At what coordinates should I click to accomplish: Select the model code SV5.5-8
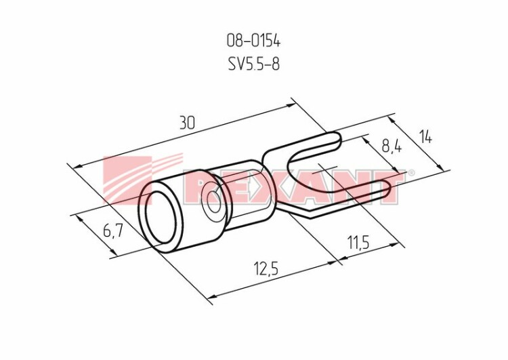pos(254,64)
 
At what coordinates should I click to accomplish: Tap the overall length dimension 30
pos(188,123)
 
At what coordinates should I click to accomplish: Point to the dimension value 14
pos(426,137)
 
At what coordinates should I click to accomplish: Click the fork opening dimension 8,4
pos(391,146)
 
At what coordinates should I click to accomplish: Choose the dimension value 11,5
pos(358,242)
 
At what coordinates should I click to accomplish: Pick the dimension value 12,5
pos(267,269)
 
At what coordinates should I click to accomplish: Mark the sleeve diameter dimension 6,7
pos(112,231)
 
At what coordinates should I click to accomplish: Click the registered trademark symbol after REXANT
pos(410,172)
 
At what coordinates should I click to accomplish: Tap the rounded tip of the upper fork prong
pos(339,140)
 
